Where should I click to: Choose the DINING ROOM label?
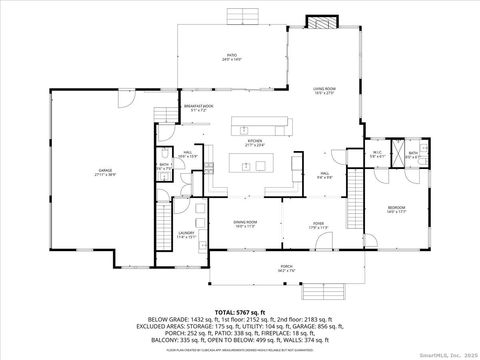point(246,223)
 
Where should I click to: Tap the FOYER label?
point(318,224)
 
